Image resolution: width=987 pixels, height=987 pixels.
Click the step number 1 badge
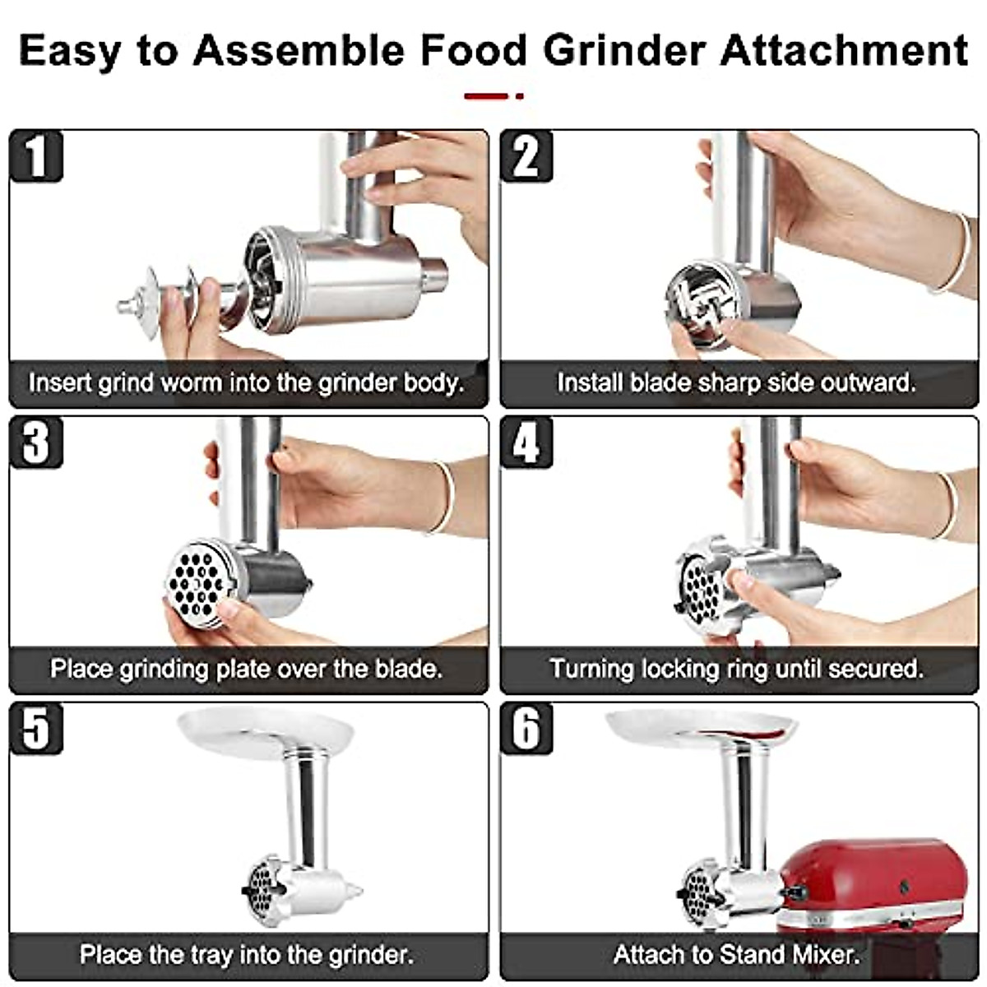click(36, 156)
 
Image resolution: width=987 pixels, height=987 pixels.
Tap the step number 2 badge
click(526, 156)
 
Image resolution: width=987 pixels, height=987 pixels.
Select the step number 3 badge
click(36, 443)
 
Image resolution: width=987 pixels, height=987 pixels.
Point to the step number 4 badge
click(526, 443)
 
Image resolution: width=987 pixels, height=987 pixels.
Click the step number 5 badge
click(36, 728)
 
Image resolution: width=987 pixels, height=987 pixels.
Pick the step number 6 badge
click(526, 728)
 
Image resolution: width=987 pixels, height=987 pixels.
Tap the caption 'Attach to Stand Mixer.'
click(736, 955)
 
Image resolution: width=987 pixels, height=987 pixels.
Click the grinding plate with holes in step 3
click(197, 582)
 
